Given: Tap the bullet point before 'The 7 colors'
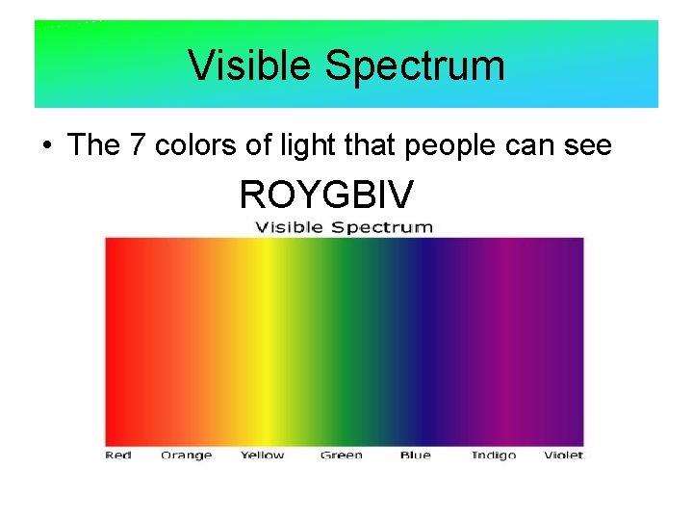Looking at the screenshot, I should [46, 146].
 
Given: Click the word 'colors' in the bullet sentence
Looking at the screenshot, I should [192, 145].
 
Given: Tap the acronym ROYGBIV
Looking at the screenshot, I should [326, 195].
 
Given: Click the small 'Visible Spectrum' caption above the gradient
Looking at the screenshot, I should [344, 227].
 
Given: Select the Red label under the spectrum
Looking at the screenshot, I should [118, 455].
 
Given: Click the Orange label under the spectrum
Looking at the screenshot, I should [186, 455].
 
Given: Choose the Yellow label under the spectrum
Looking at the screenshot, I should [262, 455].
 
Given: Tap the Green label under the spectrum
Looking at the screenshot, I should [342, 455].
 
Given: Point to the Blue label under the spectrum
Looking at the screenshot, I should [415, 455].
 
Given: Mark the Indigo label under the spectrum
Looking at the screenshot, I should [494, 455].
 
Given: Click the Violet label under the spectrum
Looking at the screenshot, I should [563, 455].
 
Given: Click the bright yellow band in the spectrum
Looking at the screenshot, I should [262, 342].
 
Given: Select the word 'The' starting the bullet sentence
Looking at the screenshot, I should [92, 145].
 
